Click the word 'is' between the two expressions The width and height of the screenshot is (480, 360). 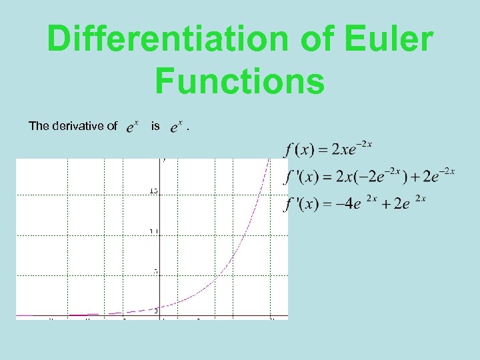click(155, 125)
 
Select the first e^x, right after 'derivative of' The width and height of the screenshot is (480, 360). click(132, 125)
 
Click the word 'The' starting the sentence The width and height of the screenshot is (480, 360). click(39, 125)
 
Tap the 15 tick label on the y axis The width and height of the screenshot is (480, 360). click(154, 191)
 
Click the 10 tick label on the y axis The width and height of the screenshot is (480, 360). click(154, 231)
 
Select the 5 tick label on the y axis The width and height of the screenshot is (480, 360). click(156, 271)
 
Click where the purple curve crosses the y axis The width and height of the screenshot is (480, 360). click(163, 307)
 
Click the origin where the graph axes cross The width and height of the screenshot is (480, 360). click(163, 315)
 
